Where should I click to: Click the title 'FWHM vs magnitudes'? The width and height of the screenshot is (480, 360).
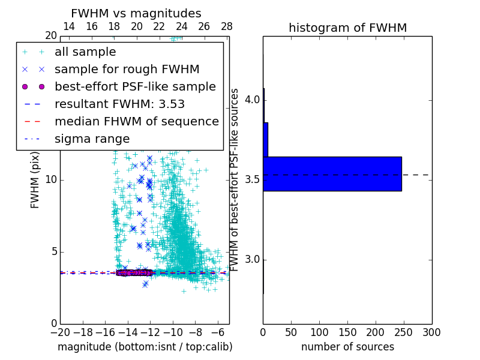click(x=136, y=13)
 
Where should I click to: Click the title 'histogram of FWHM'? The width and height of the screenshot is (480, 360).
click(x=347, y=28)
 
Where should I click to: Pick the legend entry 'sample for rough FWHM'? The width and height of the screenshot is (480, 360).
click(x=127, y=69)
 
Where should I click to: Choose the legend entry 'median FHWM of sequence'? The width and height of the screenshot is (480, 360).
click(x=136, y=121)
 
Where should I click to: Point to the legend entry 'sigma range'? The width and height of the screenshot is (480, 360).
click(x=92, y=139)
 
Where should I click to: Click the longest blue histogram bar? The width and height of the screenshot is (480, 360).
click(x=332, y=174)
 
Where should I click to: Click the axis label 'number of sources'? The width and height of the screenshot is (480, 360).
click(x=347, y=347)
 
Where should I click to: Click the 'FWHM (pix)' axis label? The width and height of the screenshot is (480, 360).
click(x=35, y=180)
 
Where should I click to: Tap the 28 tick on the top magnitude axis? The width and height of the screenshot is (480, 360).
click(x=227, y=26)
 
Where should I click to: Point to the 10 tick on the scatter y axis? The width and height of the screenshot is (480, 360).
click(x=50, y=180)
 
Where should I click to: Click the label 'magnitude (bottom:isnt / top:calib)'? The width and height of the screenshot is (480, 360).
click(x=145, y=347)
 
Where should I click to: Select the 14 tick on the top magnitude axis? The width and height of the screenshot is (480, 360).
click(x=69, y=26)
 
